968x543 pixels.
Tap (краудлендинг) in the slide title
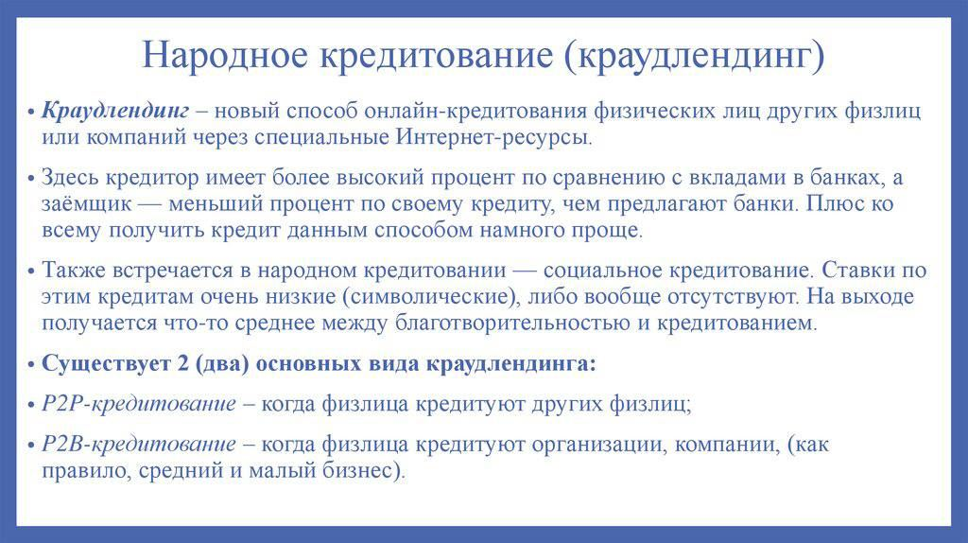click(x=694, y=54)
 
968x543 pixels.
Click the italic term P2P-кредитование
click(x=139, y=404)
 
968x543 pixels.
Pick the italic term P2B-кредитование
click(x=139, y=445)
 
